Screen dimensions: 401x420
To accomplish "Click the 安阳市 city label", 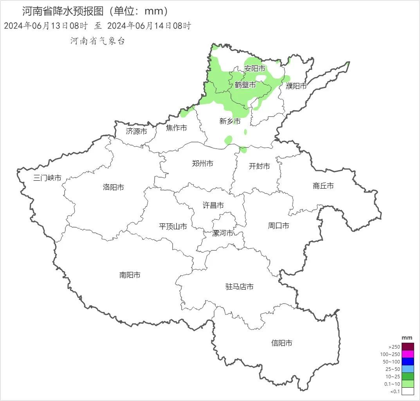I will coord(255,68).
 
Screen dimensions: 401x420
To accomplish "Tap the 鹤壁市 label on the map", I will coord(245,85).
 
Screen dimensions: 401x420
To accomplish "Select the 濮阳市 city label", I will coord(296,86).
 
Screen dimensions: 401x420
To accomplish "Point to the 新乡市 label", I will coord(230,121).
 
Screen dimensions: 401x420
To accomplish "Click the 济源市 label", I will coord(136,131).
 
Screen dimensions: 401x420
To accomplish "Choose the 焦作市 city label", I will coord(176,128).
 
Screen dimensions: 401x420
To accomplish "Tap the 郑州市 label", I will coord(202,164).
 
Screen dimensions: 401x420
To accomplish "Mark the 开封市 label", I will coord(260,166).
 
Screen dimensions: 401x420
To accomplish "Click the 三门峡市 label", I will coord(47,178).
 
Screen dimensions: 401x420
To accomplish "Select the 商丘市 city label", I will coord(323,186).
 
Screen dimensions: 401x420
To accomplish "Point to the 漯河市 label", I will coord(222,233).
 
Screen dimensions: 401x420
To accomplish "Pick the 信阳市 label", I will coord(282,343).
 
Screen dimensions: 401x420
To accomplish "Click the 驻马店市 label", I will coord(240,287).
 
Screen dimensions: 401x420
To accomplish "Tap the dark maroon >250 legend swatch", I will coord(407,347).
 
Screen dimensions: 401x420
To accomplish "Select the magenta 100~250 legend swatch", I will coord(407,354).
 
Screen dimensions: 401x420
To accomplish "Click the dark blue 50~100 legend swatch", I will coord(407,361).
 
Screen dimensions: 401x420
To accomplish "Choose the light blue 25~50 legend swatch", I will coord(407,369).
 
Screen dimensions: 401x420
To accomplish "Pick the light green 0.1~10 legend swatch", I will coord(407,384).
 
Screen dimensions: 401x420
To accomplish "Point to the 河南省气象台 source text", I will coord(97,41).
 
